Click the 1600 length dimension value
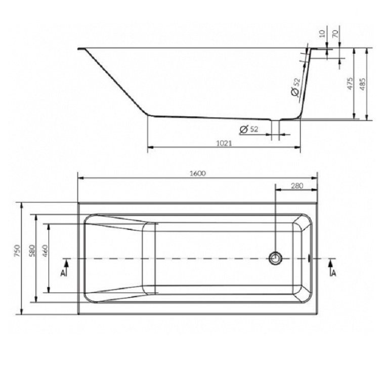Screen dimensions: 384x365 click(198, 173)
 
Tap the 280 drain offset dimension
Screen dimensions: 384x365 click(297, 186)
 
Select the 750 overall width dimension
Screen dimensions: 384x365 click(17, 251)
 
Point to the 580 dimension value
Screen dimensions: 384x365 click(32, 251)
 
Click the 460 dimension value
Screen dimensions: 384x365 click(45, 251)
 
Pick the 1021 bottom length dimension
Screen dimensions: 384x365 click(224, 143)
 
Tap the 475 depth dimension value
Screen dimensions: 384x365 click(350, 84)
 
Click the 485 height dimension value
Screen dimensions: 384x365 click(362, 84)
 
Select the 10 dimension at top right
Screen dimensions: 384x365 click(322, 33)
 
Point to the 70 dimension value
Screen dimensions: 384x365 click(335, 33)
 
